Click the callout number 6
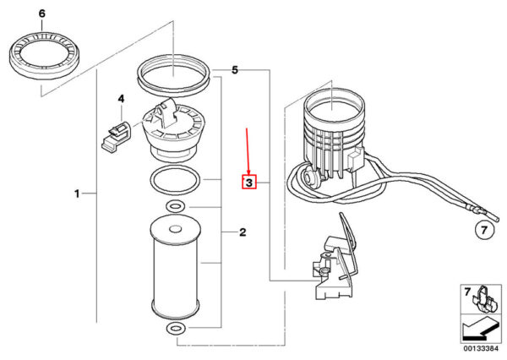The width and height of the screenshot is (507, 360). coord(42,14)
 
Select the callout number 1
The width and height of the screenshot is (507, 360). coord(77,194)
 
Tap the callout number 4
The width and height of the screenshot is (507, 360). coord(121,99)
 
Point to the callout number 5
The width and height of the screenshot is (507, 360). coord(235,70)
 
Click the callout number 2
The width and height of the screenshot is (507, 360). coord(243,232)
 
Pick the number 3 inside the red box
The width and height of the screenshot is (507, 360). coord(249,183)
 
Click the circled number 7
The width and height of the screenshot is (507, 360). coord(484,231)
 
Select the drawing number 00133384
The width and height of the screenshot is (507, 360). coord(481,349)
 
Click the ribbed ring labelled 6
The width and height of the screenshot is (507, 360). coord(45,56)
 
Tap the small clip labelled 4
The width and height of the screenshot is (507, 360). coord(116,135)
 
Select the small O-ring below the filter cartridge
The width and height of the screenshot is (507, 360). coord(175,329)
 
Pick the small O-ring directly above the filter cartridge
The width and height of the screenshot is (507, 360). coord(175,205)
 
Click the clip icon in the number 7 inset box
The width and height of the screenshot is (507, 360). coord(485,299)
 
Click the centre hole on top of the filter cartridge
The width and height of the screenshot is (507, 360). coord(176,229)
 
